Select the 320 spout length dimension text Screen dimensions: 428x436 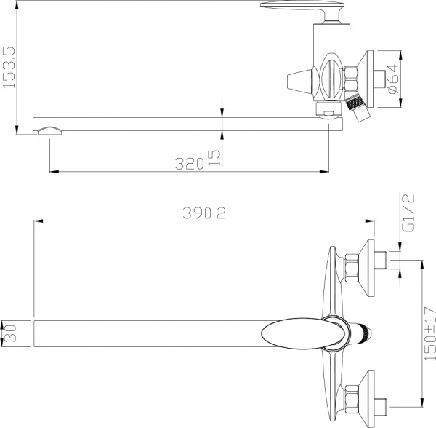pos(189,164)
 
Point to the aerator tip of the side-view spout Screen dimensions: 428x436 pos(50,130)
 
